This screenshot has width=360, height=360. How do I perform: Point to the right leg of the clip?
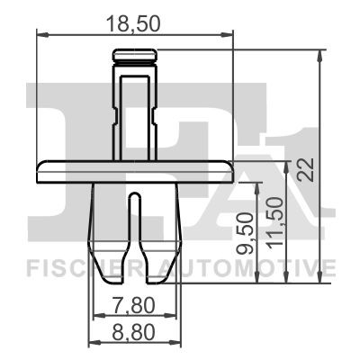click(163, 225)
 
